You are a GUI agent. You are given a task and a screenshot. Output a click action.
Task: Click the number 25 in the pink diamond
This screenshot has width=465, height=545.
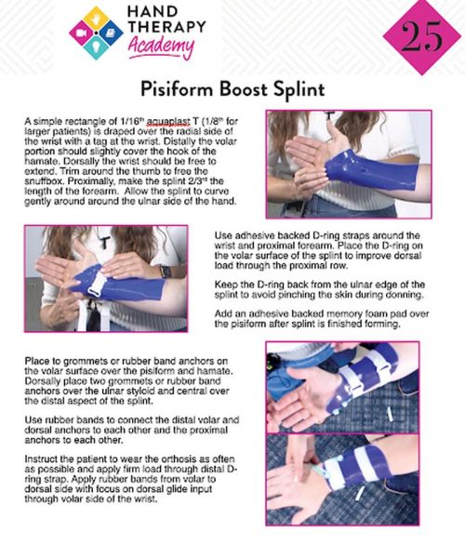click(422, 36)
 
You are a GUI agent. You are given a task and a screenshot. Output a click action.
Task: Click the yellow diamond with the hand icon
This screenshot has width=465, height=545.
click(97, 18)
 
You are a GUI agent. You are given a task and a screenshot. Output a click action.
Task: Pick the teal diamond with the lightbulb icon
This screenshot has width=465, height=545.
click(97, 47)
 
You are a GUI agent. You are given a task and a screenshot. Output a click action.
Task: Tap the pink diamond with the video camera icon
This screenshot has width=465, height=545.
click(81, 33)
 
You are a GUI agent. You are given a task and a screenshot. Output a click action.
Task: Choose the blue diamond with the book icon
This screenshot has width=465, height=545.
click(111, 33)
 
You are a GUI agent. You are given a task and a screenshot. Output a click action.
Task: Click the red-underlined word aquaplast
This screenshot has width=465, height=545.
click(168, 122)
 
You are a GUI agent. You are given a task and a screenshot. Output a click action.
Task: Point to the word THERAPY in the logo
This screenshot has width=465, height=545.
click(166, 27)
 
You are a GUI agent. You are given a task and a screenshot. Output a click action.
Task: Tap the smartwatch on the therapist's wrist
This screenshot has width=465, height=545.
click(166, 271)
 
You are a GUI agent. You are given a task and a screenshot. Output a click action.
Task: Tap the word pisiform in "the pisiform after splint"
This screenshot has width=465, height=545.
click(246, 324)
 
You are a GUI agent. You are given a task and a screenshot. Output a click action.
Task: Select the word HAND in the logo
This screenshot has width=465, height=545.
click(153, 11)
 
